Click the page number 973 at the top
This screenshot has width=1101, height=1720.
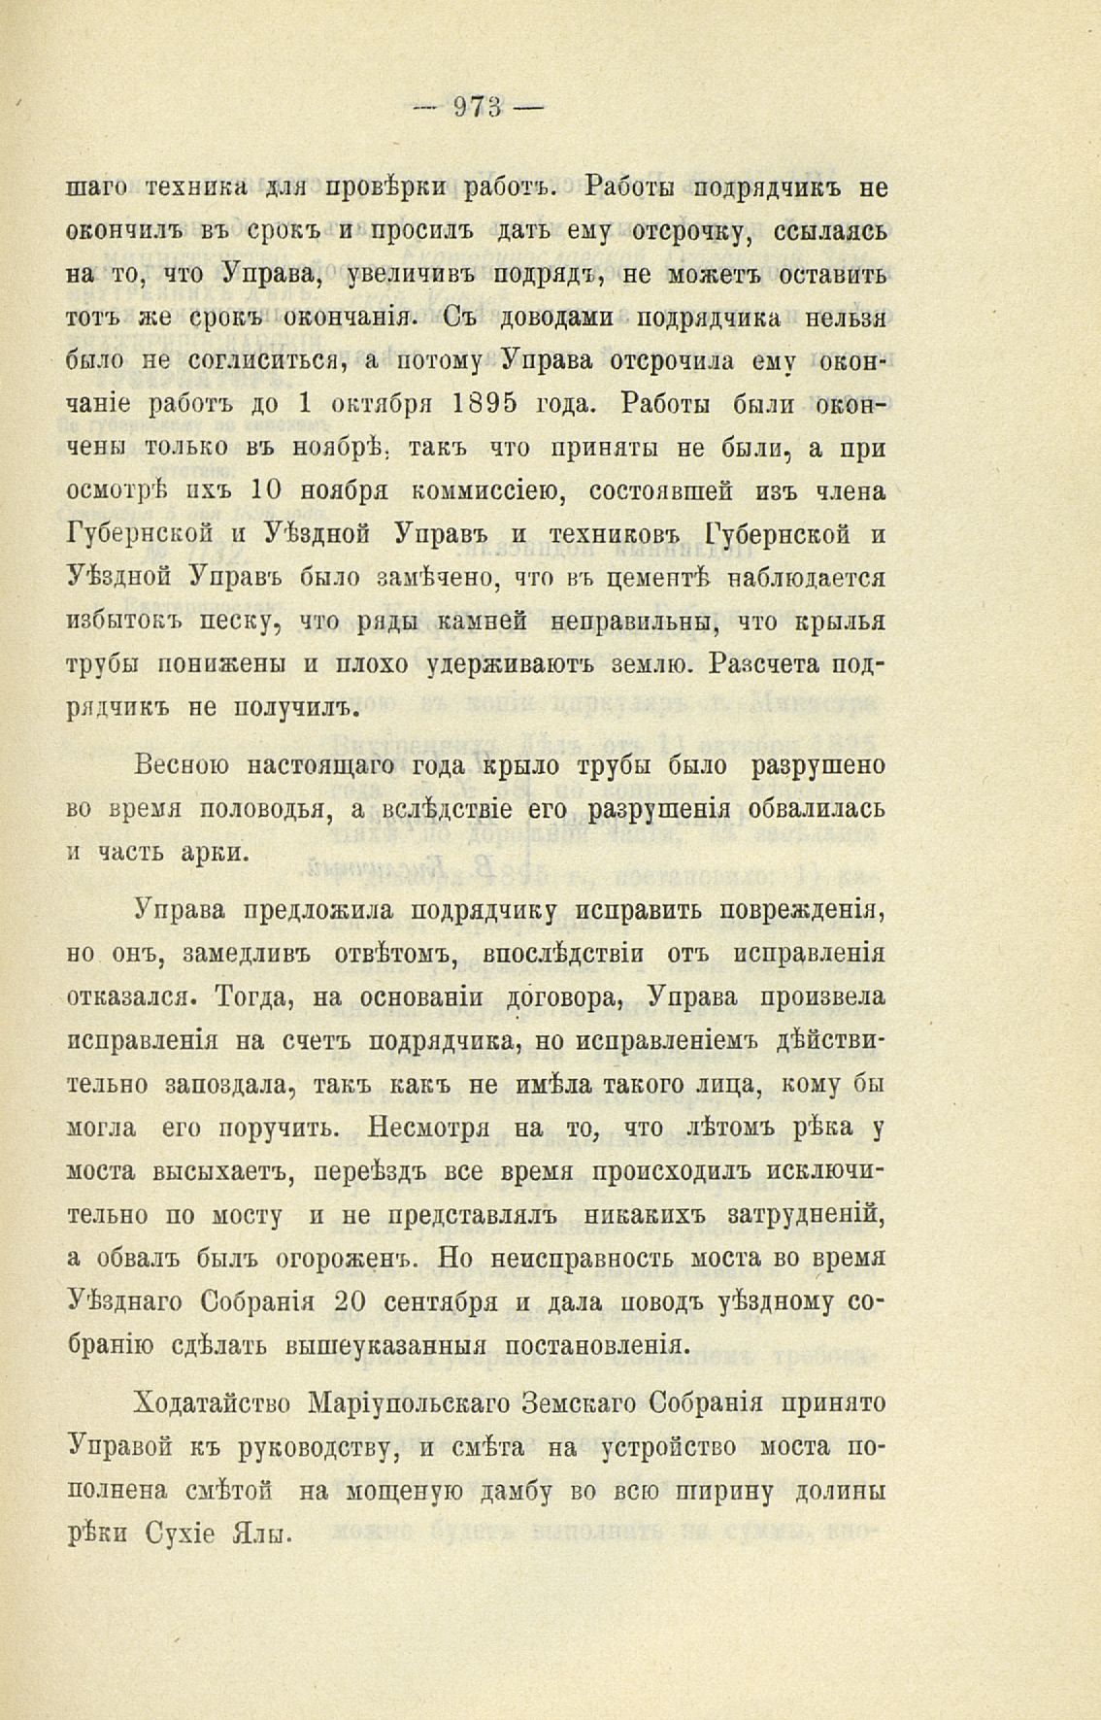tap(479, 108)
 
